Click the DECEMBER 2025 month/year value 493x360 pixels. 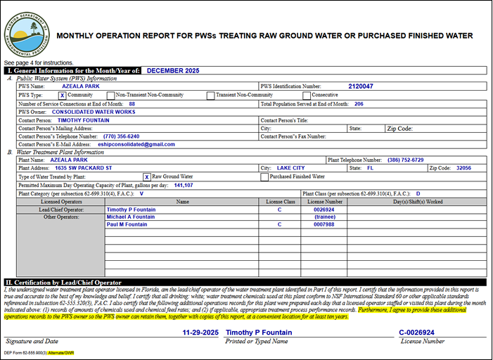(174, 70)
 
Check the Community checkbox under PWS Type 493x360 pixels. (62, 95)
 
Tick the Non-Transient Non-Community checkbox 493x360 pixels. (111, 95)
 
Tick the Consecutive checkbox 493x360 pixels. (306, 95)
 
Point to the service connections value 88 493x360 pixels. (132, 103)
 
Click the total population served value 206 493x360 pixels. (359, 103)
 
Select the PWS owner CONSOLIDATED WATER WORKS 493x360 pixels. (94, 112)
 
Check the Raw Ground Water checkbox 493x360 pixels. (146, 177)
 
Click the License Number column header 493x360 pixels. (324, 201)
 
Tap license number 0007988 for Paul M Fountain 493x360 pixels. (324, 224)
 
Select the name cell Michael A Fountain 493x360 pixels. (131, 217)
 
